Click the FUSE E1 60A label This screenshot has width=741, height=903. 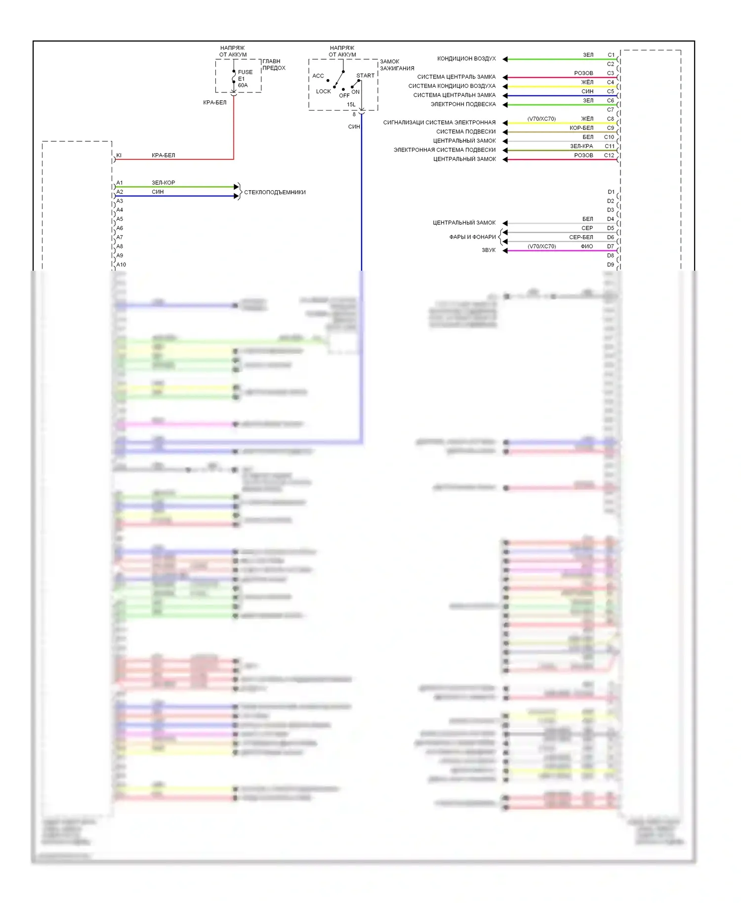click(x=245, y=79)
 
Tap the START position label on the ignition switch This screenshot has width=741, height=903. click(x=365, y=76)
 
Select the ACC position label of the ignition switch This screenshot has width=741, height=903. click(x=318, y=76)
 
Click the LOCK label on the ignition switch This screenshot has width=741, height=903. click(x=324, y=91)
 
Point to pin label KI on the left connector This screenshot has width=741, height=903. click(x=119, y=155)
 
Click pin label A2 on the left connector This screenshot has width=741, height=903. click(x=120, y=192)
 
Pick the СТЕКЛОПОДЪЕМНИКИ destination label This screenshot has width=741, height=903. click(x=275, y=192)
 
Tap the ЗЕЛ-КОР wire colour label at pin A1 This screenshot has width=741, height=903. click(x=163, y=182)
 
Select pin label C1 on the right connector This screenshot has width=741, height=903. click(x=611, y=55)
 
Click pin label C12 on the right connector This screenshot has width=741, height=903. click(x=609, y=155)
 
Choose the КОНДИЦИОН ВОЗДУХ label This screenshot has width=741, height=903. click(x=466, y=59)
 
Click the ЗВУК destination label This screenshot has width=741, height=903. click(x=489, y=250)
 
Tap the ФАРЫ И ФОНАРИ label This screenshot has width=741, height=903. click(x=472, y=237)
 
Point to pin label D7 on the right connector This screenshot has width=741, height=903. click(x=611, y=246)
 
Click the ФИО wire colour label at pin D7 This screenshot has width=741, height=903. click(x=587, y=246)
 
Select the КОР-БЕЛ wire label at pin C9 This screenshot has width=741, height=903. click(x=581, y=128)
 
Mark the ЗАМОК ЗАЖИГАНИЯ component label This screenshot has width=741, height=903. click(x=397, y=65)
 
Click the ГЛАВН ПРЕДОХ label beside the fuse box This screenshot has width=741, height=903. click(x=274, y=65)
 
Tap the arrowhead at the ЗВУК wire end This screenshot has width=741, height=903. click(x=505, y=250)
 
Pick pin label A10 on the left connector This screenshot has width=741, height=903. click(x=121, y=265)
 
